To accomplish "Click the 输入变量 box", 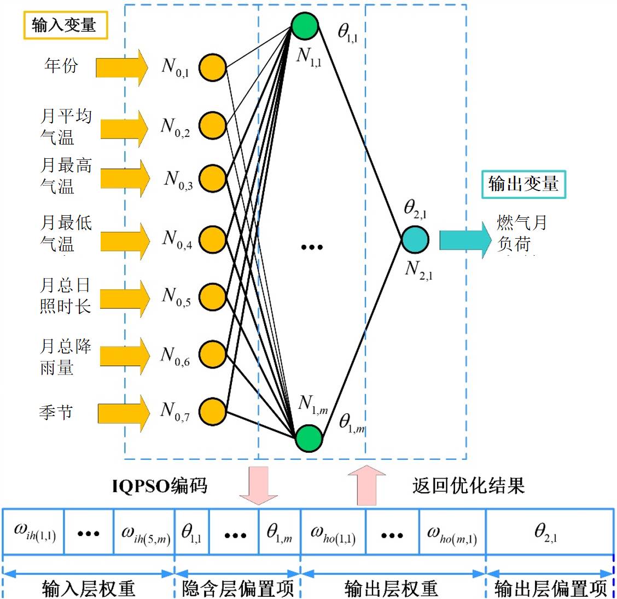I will point(65,25).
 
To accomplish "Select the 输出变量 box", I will point(523,184).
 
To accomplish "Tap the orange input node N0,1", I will point(212,68).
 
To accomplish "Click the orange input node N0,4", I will point(212,239).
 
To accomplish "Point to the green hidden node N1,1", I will point(305,26).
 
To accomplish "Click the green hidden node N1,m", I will point(309,438).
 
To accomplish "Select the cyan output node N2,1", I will point(415,240).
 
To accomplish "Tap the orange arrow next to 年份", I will point(122,67).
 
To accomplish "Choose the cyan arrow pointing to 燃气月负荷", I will point(465,239).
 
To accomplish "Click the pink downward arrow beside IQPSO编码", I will point(259,485).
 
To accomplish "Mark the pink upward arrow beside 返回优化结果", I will point(367,485).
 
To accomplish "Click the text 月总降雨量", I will point(66,356).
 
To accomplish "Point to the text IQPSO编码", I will point(160,486).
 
